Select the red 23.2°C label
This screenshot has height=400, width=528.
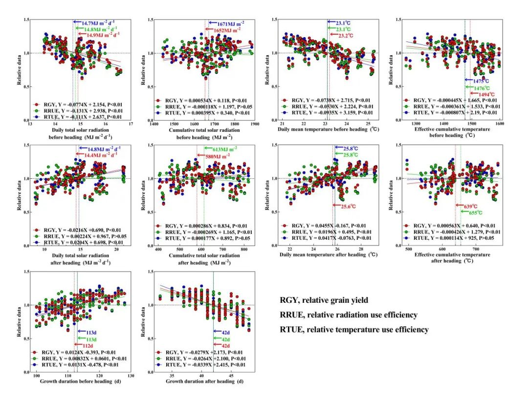[x=344, y=36]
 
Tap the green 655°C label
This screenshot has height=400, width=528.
[x=472, y=212]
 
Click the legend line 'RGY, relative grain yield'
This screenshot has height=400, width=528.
[x=324, y=300]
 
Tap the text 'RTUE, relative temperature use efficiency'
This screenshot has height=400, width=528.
[x=354, y=330]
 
